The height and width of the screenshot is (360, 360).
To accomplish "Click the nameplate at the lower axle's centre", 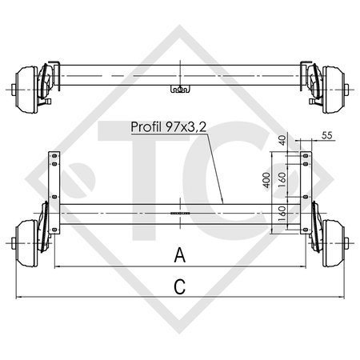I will click(180, 214).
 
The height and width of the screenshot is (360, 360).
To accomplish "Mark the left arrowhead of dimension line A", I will click(56, 266).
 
